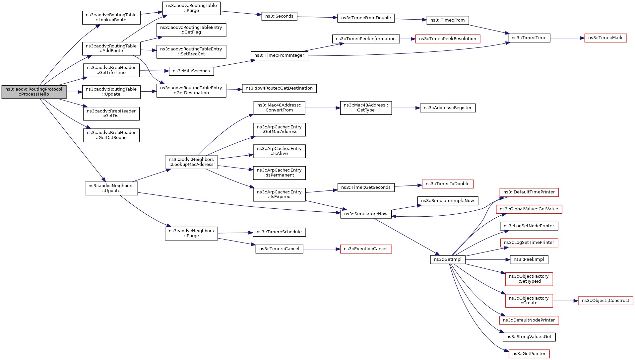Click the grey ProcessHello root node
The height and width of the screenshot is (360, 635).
click(34, 92)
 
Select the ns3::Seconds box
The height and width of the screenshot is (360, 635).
click(279, 16)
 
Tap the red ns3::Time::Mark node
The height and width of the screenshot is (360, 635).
click(605, 38)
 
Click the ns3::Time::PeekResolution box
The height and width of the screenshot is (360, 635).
click(447, 39)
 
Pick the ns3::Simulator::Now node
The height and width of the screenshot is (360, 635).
click(366, 214)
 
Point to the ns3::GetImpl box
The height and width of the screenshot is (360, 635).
click(448, 259)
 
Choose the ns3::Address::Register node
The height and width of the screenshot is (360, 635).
click(448, 108)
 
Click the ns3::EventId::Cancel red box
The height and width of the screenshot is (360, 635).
click(366, 249)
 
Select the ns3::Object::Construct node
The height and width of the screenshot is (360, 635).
click(605, 301)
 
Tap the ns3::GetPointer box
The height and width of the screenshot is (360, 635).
click(529, 354)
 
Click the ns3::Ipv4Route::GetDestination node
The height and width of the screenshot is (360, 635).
click(279, 88)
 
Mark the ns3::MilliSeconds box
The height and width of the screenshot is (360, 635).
click(191, 71)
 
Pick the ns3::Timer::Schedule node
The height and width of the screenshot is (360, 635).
click(279, 232)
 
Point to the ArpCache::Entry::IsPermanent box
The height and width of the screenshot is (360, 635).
click(279, 173)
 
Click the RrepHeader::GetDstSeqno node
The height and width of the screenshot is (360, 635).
click(111, 135)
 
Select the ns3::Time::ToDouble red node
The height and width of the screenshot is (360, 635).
click(447, 184)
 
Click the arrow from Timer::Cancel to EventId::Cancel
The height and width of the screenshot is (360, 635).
click(322, 249)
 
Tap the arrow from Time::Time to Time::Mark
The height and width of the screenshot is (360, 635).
click(567, 38)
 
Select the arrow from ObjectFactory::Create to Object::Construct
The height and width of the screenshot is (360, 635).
click(565, 301)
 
